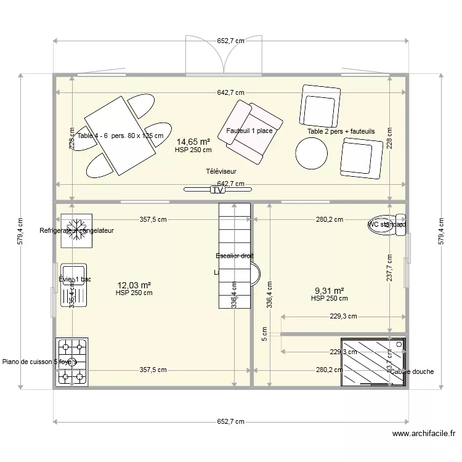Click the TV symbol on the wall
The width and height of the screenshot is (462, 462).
(x=217, y=190)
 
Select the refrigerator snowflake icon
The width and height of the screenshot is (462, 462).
(x=76, y=230)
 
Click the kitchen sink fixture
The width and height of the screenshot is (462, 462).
(x=73, y=285)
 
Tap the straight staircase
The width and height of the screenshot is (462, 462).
(x=235, y=256)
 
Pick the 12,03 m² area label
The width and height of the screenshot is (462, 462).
(x=134, y=285)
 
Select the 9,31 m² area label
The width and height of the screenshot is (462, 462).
(x=329, y=291)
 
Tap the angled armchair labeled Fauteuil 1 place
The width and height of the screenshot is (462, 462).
(x=253, y=130)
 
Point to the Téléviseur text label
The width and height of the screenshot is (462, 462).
(x=222, y=172)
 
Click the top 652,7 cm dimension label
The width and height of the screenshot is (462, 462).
(x=230, y=41)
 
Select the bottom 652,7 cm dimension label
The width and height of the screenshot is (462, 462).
(x=230, y=421)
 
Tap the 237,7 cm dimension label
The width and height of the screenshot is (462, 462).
(x=390, y=269)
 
